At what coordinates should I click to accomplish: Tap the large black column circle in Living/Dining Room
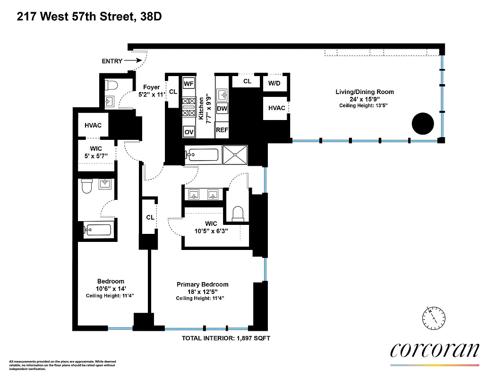422,124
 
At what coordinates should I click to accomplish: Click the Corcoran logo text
434,350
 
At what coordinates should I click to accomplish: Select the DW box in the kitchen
222,108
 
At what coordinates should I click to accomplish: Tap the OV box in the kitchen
189,131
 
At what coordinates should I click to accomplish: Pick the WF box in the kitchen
189,83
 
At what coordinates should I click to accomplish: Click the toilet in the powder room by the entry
112,86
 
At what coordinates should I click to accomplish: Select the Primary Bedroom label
202,284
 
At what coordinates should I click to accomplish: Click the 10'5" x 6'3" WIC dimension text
211,231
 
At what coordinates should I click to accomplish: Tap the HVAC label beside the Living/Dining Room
276,108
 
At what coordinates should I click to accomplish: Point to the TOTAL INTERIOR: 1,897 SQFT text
226,338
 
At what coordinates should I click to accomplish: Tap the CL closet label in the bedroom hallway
150,217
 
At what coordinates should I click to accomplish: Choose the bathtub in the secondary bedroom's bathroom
97,230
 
